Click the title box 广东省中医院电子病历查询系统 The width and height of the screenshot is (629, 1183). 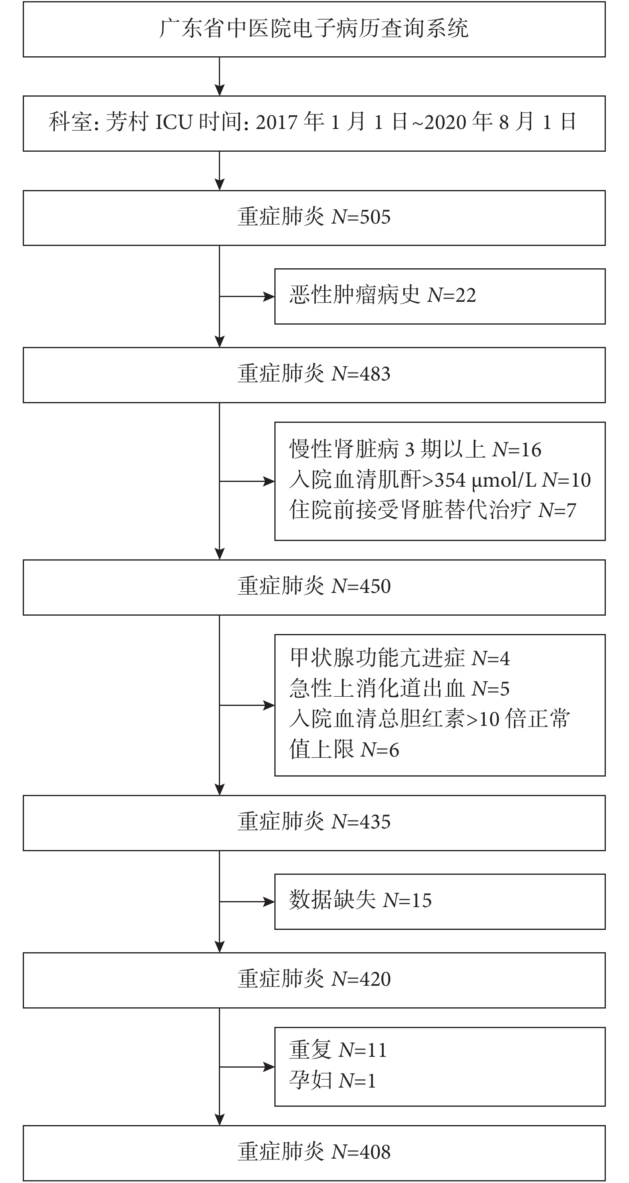pyautogui.click(x=314, y=30)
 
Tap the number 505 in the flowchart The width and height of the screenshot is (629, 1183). pyautogui.click(x=375, y=217)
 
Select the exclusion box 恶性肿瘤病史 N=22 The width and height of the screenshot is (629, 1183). pyautogui.click(x=440, y=296)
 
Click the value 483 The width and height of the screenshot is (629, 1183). pyautogui.click(x=375, y=374)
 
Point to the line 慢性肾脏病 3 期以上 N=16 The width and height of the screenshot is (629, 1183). pyautogui.click(x=415, y=449)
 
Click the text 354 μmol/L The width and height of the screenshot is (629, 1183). pyautogui.click(x=485, y=480)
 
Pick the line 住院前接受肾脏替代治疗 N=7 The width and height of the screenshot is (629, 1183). pyautogui.click(x=433, y=510)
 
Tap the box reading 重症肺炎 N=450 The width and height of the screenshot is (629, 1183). pyautogui.click(x=314, y=587)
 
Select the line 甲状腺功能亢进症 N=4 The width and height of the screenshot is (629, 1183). pyautogui.click(x=400, y=658)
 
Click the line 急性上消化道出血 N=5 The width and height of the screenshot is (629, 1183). pyautogui.click(x=400, y=688)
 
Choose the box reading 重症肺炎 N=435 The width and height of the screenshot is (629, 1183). pyautogui.click(x=314, y=823)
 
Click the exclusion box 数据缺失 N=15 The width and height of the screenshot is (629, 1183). pyautogui.click(x=440, y=902)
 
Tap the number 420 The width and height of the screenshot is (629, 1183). pyautogui.click(x=375, y=979)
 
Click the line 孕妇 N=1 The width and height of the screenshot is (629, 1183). pyautogui.click(x=333, y=1080)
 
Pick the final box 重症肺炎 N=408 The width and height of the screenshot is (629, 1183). pyautogui.click(x=314, y=1153)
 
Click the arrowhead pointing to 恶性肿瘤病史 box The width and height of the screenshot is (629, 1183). pyautogui.click(x=269, y=297)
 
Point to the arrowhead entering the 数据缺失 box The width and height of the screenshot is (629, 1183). pyautogui.click(x=269, y=902)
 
